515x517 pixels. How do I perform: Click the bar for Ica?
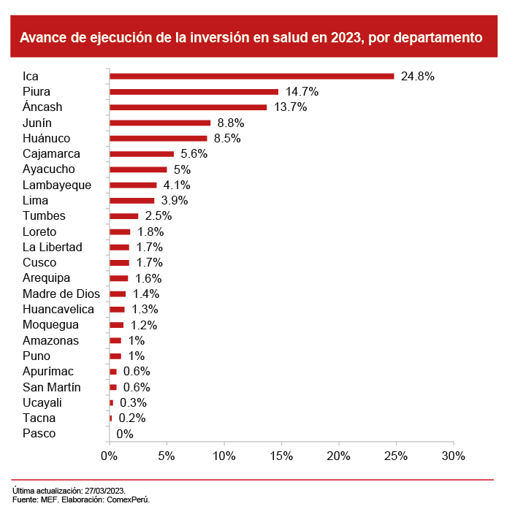(251, 76)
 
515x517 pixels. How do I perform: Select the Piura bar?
(194, 91)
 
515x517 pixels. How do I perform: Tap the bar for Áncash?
(188, 107)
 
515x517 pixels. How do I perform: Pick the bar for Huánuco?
(158, 138)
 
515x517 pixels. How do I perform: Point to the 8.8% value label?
(231, 123)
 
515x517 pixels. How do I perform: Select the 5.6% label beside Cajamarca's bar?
(194, 154)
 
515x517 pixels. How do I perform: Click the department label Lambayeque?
(57, 185)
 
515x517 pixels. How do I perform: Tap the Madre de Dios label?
(61, 294)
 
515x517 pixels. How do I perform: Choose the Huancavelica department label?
(58, 309)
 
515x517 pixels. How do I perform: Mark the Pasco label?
(39, 434)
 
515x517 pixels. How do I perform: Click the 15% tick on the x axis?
(281, 456)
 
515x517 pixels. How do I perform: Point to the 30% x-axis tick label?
(453, 456)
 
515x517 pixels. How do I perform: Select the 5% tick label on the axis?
(167, 456)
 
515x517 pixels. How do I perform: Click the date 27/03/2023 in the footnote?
(104, 491)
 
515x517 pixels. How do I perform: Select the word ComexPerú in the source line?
(129, 499)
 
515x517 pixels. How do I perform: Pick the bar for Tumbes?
(123, 216)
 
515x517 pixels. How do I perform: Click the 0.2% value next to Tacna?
(132, 418)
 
